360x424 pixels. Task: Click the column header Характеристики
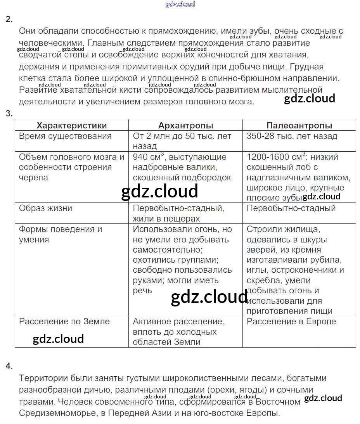[71, 125]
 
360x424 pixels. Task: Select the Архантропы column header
[185, 125]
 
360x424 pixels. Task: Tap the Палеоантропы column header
[299, 125]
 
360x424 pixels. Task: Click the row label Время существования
[65, 136]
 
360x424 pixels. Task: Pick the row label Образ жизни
[45, 208]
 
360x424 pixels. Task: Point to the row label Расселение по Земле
[64, 321]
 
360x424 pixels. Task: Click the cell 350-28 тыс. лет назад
[292, 136]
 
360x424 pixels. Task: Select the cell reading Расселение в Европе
[291, 321]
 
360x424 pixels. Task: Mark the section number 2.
[9, 19]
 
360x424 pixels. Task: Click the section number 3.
[9, 113]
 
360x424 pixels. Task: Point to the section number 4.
[9, 365]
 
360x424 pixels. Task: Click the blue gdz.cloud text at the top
[180, 4]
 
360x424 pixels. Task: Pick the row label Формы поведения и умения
[61, 234]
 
